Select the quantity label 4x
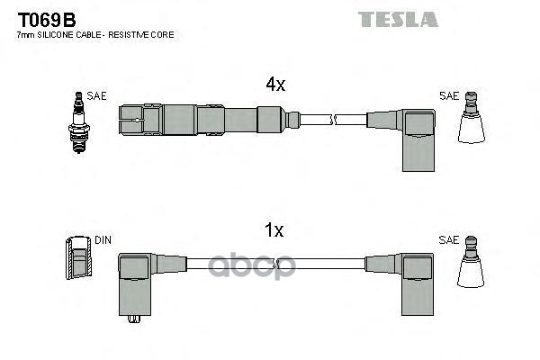coord(275,85)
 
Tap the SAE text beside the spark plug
coord(96,94)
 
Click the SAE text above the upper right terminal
coord(448,94)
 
